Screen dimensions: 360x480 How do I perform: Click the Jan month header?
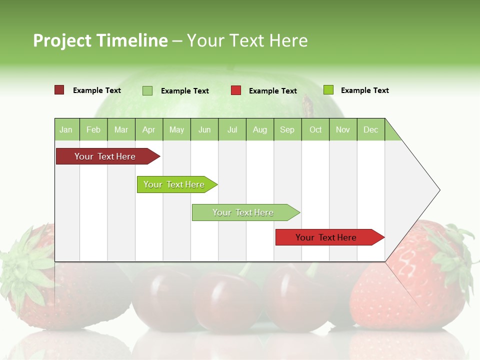pos(66,129)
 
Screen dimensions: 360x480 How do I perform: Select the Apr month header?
pos(149,129)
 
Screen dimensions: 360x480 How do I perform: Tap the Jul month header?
pos(232,129)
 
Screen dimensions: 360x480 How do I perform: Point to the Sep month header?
pos(287,129)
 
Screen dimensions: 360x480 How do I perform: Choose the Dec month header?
pos(370,129)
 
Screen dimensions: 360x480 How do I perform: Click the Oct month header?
pos(315,129)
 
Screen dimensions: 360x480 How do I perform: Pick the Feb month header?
pos(93,129)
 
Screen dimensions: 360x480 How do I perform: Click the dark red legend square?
pos(59,90)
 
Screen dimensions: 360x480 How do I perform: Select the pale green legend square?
pos(147,90)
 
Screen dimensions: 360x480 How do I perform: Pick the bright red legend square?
pos(236,90)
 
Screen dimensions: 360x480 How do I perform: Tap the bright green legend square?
pos(328,90)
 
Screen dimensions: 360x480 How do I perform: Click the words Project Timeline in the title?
pos(100,40)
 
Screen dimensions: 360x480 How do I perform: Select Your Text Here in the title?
pos(247,40)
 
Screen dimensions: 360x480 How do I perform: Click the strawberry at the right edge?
pos(430,275)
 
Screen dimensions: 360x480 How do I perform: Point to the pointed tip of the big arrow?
pos(438,190)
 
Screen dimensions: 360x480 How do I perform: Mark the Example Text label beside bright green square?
pos(364,90)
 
